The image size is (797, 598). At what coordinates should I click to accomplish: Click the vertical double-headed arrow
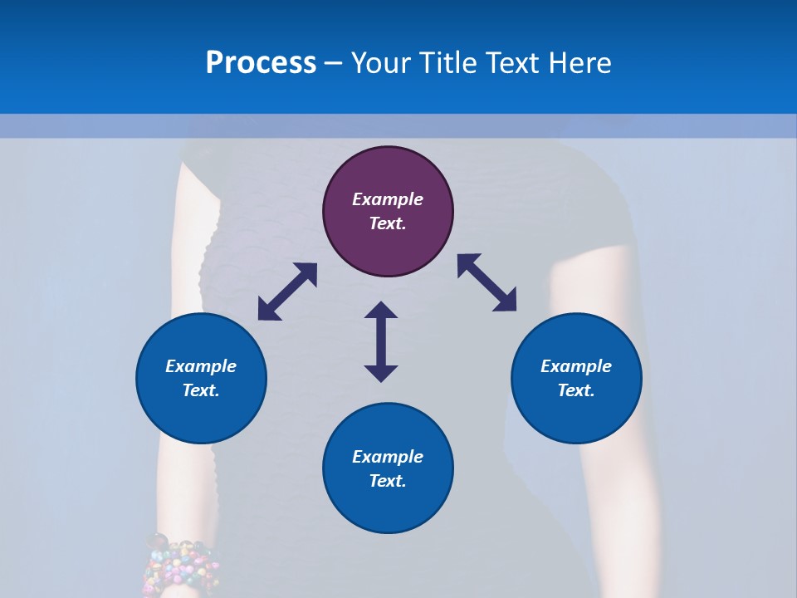click(x=381, y=341)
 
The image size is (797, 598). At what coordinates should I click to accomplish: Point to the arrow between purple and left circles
click(x=287, y=292)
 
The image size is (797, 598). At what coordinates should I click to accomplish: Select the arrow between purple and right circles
click(x=487, y=282)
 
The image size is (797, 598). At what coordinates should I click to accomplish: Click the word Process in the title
click(x=261, y=62)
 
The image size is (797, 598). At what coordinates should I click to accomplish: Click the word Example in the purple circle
click(x=388, y=199)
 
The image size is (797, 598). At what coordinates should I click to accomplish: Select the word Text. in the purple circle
click(x=388, y=223)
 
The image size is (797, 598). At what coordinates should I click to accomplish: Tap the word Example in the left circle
click(x=201, y=366)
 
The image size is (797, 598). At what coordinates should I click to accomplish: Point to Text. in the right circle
click(x=576, y=390)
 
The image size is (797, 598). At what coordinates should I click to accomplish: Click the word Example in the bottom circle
click(x=388, y=457)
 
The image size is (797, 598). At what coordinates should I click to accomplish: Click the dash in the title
click(x=334, y=63)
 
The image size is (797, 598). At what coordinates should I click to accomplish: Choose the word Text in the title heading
click(x=513, y=63)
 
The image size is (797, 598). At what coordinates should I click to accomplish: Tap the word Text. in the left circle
click(x=201, y=390)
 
